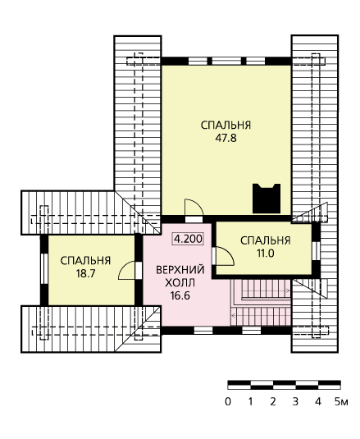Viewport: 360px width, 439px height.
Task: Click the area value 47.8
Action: pos(226,138)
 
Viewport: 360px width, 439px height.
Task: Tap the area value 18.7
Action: pos(85,273)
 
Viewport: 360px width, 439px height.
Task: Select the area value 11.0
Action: pos(265,254)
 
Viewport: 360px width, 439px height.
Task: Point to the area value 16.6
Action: pos(180,295)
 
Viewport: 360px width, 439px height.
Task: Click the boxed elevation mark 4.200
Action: pos(188,239)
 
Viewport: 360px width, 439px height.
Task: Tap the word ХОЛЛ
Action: pos(180,283)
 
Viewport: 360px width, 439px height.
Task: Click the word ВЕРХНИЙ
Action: pos(180,270)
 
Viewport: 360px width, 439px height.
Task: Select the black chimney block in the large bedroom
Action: pos(267,199)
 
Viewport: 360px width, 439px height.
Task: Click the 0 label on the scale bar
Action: pos(228,402)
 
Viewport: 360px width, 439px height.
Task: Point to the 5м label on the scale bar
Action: pos(341,402)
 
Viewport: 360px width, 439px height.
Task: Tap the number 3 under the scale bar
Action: pos(295,402)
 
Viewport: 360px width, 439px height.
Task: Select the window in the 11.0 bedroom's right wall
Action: pos(316,250)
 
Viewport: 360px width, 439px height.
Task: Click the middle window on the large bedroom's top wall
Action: pos(226,61)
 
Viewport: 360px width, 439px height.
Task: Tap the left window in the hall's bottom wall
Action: pos(203,331)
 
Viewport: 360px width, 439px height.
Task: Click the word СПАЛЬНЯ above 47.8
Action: pos(226,126)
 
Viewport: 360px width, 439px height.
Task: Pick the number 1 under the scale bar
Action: pos(250,402)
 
